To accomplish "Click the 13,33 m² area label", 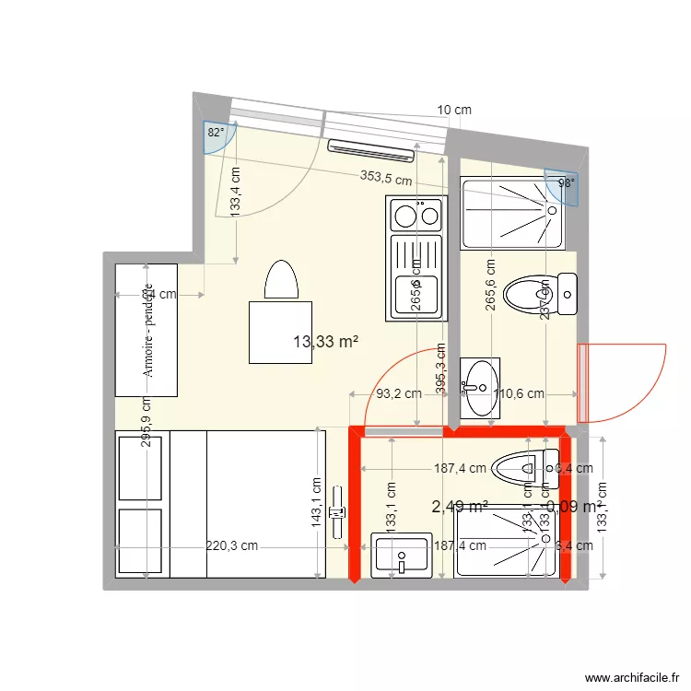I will tap(325, 343).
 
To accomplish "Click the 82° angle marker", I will tap(215, 133).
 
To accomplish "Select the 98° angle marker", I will tap(566, 183).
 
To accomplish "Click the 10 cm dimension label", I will tap(453, 110).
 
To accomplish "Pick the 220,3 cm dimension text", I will tap(230, 545).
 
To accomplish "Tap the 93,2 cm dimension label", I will tap(399, 393).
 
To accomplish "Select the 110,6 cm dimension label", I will tap(520, 393).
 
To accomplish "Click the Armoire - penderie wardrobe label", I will tap(147, 330).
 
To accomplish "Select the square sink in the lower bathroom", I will tap(402, 556).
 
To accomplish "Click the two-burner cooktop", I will tap(416, 216).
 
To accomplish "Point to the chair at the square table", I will tap(281, 280).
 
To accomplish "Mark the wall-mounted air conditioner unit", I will tap(370, 147).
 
